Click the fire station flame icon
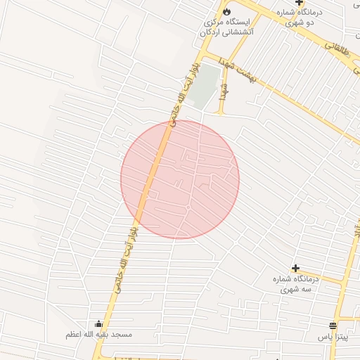(x=226, y=12)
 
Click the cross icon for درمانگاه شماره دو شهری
(x=299, y=3)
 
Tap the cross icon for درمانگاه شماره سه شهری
(x=295, y=268)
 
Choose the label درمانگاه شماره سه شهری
(x=295, y=283)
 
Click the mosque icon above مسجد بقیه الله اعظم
(x=98, y=324)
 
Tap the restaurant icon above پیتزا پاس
(x=332, y=326)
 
